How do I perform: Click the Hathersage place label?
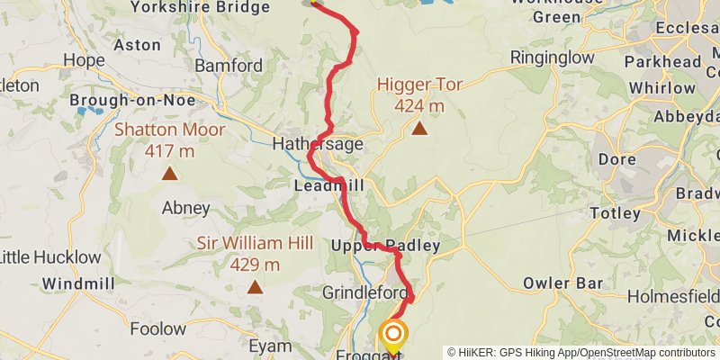click(319, 144)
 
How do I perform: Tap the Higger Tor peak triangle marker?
click(419, 129)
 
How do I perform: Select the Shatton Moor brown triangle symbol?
click(169, 173)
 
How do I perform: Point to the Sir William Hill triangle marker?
click(255, 288)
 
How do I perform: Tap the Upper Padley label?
click(385, 246)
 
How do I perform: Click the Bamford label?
click(229, 66)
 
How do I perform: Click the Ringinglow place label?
click(552, 58)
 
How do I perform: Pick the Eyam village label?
click(270, 346)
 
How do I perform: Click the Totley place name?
click(615, 214)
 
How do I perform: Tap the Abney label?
click(185, 208)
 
